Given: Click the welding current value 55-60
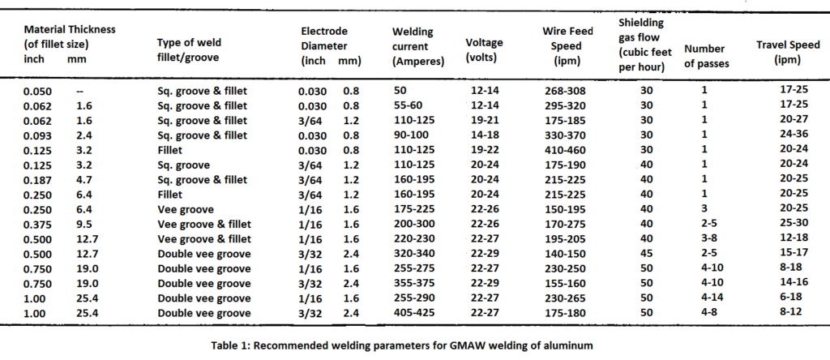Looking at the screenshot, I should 407,105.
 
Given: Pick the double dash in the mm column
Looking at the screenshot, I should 79,92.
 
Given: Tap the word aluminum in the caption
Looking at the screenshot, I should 569,345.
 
